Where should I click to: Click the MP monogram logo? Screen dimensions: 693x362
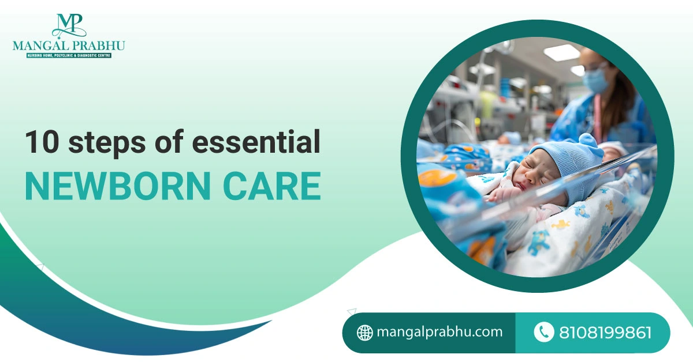pyautogui.click(x=69, y=26)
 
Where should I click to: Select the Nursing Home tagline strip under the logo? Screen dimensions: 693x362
pyautogui.click(x=69, y=55)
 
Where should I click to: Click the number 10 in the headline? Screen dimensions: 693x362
pyautogui.click(x=42, y=142)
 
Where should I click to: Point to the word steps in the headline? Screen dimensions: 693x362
pyautogui.click(x=107, y=144)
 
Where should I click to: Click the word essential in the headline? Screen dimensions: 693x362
pyautogui.click(x=256, y=142)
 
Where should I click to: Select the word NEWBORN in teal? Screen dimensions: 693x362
pyautogui.click(x=118, y=186)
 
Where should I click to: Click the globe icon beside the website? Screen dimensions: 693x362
pyautogui.click(x=365, y=333)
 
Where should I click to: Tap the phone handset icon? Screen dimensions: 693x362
pyautogui.click(x=544, y=332)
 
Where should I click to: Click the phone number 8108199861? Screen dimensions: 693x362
pyautogui.click(x=605, y=333)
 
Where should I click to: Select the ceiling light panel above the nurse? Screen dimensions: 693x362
pyautogui.click(x=561, y=52)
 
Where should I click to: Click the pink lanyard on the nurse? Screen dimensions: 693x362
pyautogui.click(x=599, y=118)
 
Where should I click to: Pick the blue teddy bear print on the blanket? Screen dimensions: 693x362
pyautogui.click(x=539, y=243)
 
